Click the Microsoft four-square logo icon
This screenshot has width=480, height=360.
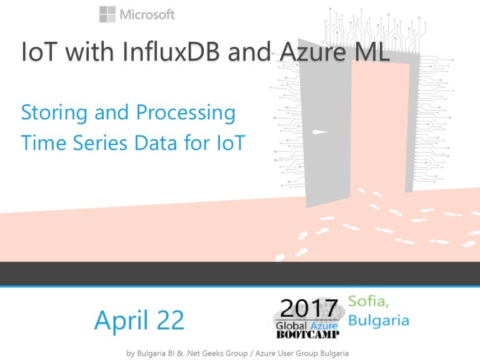point(107,14)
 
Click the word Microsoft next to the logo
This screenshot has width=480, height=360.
point(147,14)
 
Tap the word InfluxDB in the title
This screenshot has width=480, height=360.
point(168,52)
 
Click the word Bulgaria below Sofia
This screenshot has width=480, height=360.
point(379,321)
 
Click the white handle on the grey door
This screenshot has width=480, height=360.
point(319,132)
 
